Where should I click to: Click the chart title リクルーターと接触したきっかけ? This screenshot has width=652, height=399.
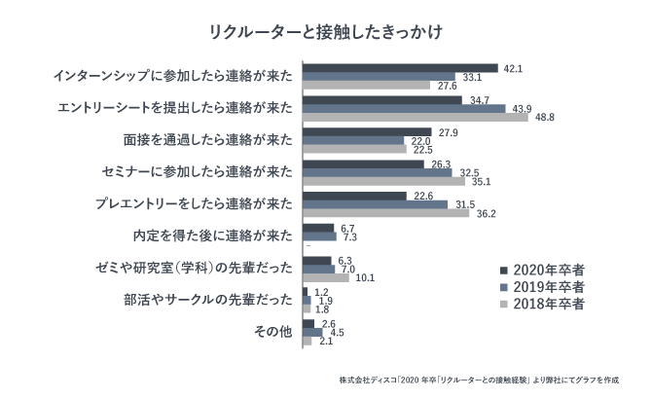pyautogui.click(x=326, y=32)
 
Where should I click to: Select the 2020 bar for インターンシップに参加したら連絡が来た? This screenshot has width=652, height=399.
pyautogui.click(x=400, y=68)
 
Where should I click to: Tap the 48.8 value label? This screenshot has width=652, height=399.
pyautogui.click(x=545, y=118)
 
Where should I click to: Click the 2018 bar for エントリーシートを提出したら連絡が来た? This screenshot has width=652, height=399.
pyautogui.click(x=416, y=117)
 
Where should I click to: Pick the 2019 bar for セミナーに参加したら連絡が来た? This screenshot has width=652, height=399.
pyautogui.click(x=378, y=172)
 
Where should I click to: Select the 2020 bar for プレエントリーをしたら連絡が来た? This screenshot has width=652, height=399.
pyautogui.click(x=354, y=196)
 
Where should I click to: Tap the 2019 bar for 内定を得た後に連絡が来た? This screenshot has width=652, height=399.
pyautogui.click(x=319, y=236)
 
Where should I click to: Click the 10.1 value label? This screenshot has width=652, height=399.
pyautogui.click(x=366, y=277)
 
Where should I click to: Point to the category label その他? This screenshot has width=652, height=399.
pyautogui.click(x=272, y=332)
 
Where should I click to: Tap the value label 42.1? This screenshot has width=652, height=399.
pyautogui.click(x=514, y=68)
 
